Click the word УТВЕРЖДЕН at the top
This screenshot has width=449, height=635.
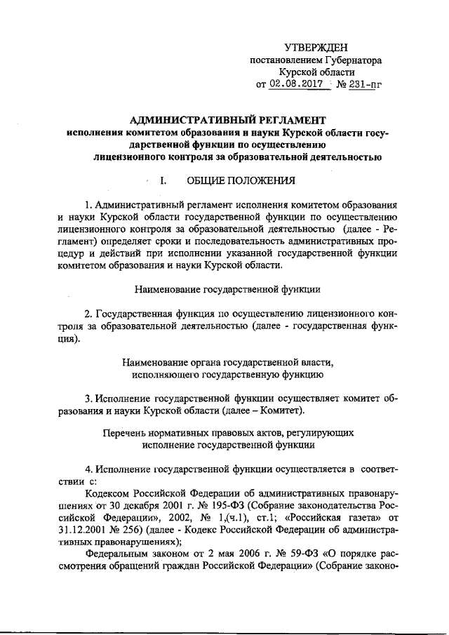[x=315, y=47]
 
